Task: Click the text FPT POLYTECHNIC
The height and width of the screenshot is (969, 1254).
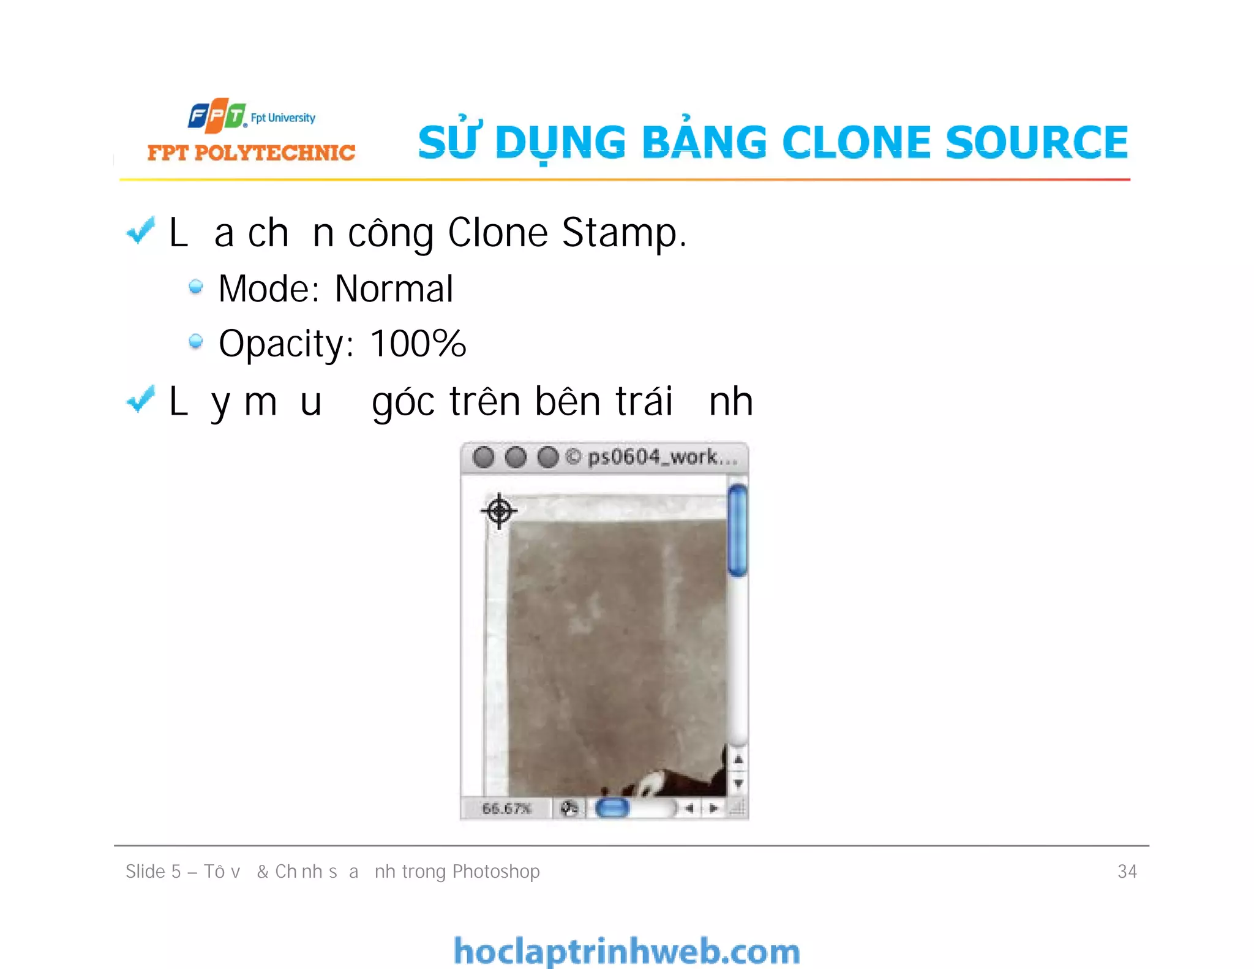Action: [x=251, y=153]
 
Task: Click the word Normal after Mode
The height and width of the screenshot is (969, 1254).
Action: [x=394, y=289]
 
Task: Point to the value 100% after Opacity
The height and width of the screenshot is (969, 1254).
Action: [x=418, y=344]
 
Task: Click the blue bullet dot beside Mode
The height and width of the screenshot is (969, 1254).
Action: [x=196, y=287]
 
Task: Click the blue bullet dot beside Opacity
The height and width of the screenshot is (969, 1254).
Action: [x=196, y=341]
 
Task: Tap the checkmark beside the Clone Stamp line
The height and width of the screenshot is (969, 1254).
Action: [x=140, y=232]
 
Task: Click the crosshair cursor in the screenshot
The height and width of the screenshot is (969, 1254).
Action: [x=499, y=510]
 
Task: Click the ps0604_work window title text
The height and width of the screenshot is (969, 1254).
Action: [x=661, y=457]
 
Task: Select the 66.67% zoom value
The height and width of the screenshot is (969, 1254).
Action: [x=506, y=809]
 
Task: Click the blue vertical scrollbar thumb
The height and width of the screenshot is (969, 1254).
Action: [x=738, y=530]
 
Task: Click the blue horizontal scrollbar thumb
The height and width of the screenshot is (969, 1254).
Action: [x=612, y=808]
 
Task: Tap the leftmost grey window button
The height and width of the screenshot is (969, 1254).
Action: [x=484, y=457]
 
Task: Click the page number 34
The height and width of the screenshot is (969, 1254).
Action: [x=1127, y=872]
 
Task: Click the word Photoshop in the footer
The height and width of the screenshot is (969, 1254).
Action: [x=496, y=872]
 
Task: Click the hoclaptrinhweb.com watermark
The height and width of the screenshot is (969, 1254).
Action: [x=626, y=951]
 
